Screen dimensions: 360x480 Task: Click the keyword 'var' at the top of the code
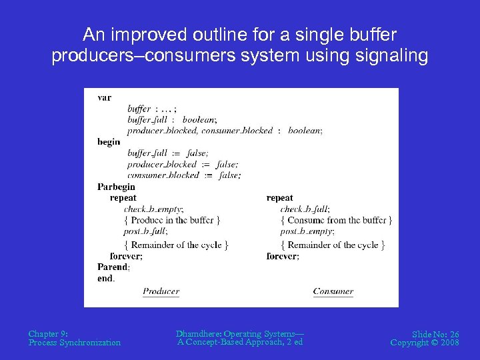pos(104,97)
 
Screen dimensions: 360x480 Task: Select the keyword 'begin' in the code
pos(109,141)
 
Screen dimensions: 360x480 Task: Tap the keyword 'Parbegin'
pos(116,187)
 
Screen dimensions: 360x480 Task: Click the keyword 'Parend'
pos(113,267)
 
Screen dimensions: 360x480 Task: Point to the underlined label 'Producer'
pos(161,291)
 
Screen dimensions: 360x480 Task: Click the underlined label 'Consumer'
pos(333,291)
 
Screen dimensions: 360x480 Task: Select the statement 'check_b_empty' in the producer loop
pos(153,209)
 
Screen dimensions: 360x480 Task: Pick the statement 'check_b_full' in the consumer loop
pos(305,209)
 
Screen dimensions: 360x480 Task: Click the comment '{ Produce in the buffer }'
pos(172,220)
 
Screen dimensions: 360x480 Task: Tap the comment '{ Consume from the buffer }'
pos(336,220)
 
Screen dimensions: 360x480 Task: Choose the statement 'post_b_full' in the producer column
pos(145,231)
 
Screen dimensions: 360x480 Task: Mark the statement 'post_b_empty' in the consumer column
pos(307,231)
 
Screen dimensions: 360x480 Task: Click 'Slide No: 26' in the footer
pos(435,334)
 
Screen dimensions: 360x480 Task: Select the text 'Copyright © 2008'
pos(425,343)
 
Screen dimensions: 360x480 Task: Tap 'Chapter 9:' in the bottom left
pos(48,333)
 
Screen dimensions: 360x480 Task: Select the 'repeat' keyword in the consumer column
pos(279,198)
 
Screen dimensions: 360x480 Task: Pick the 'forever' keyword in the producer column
pos(125,256)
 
